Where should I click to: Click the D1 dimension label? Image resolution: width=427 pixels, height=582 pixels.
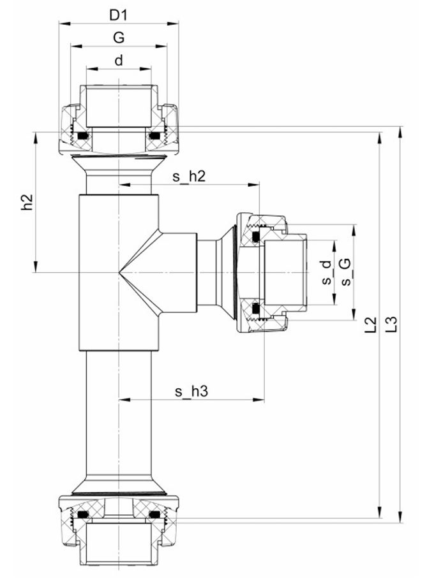tap(118, 15)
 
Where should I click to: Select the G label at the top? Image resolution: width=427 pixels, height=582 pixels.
tap(119, 38)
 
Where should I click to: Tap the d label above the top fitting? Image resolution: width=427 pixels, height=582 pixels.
tap(119, 60)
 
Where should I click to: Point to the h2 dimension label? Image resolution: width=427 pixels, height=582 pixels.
tap(27, 202)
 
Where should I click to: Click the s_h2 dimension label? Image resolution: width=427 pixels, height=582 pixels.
tap(189, 177)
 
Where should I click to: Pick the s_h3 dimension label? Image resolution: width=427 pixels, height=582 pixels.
tap(191, 391)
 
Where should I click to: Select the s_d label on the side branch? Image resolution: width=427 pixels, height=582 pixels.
tap(326, 273)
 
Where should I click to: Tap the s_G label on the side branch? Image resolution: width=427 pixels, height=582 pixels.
tap(345, 272)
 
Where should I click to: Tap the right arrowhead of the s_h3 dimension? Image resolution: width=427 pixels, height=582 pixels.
tap(258, 400)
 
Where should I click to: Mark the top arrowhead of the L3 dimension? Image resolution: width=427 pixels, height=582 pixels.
tap(400, 132)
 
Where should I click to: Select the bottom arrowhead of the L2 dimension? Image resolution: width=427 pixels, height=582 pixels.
tap(379, 513)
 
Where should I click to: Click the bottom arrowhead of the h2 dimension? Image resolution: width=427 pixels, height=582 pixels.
tap(36, 267)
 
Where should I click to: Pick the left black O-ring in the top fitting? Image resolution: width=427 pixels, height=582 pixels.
tap(82, 136)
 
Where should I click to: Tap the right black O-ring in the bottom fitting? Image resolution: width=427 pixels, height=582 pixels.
tap(154, 515)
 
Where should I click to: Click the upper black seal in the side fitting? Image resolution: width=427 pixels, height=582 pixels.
tap(256, 236)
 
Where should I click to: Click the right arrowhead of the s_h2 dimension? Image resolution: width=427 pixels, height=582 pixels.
tap(253, 184)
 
